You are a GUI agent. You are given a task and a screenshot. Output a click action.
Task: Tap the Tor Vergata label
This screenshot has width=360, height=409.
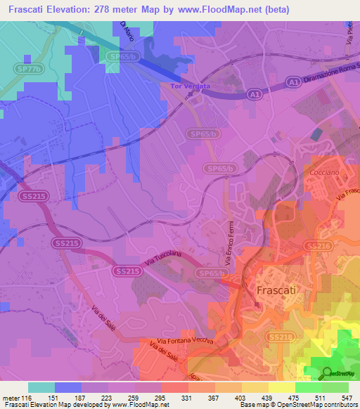coord(186,87)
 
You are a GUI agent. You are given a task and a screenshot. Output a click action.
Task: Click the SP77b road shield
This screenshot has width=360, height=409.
coord(29,69)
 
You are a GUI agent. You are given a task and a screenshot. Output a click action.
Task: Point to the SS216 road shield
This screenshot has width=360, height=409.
coord(318,245)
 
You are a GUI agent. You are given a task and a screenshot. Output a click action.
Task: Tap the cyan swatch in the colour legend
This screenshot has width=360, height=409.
coord(41,387)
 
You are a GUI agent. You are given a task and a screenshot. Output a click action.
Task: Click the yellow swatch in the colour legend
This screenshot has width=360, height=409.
coord(282,387)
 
